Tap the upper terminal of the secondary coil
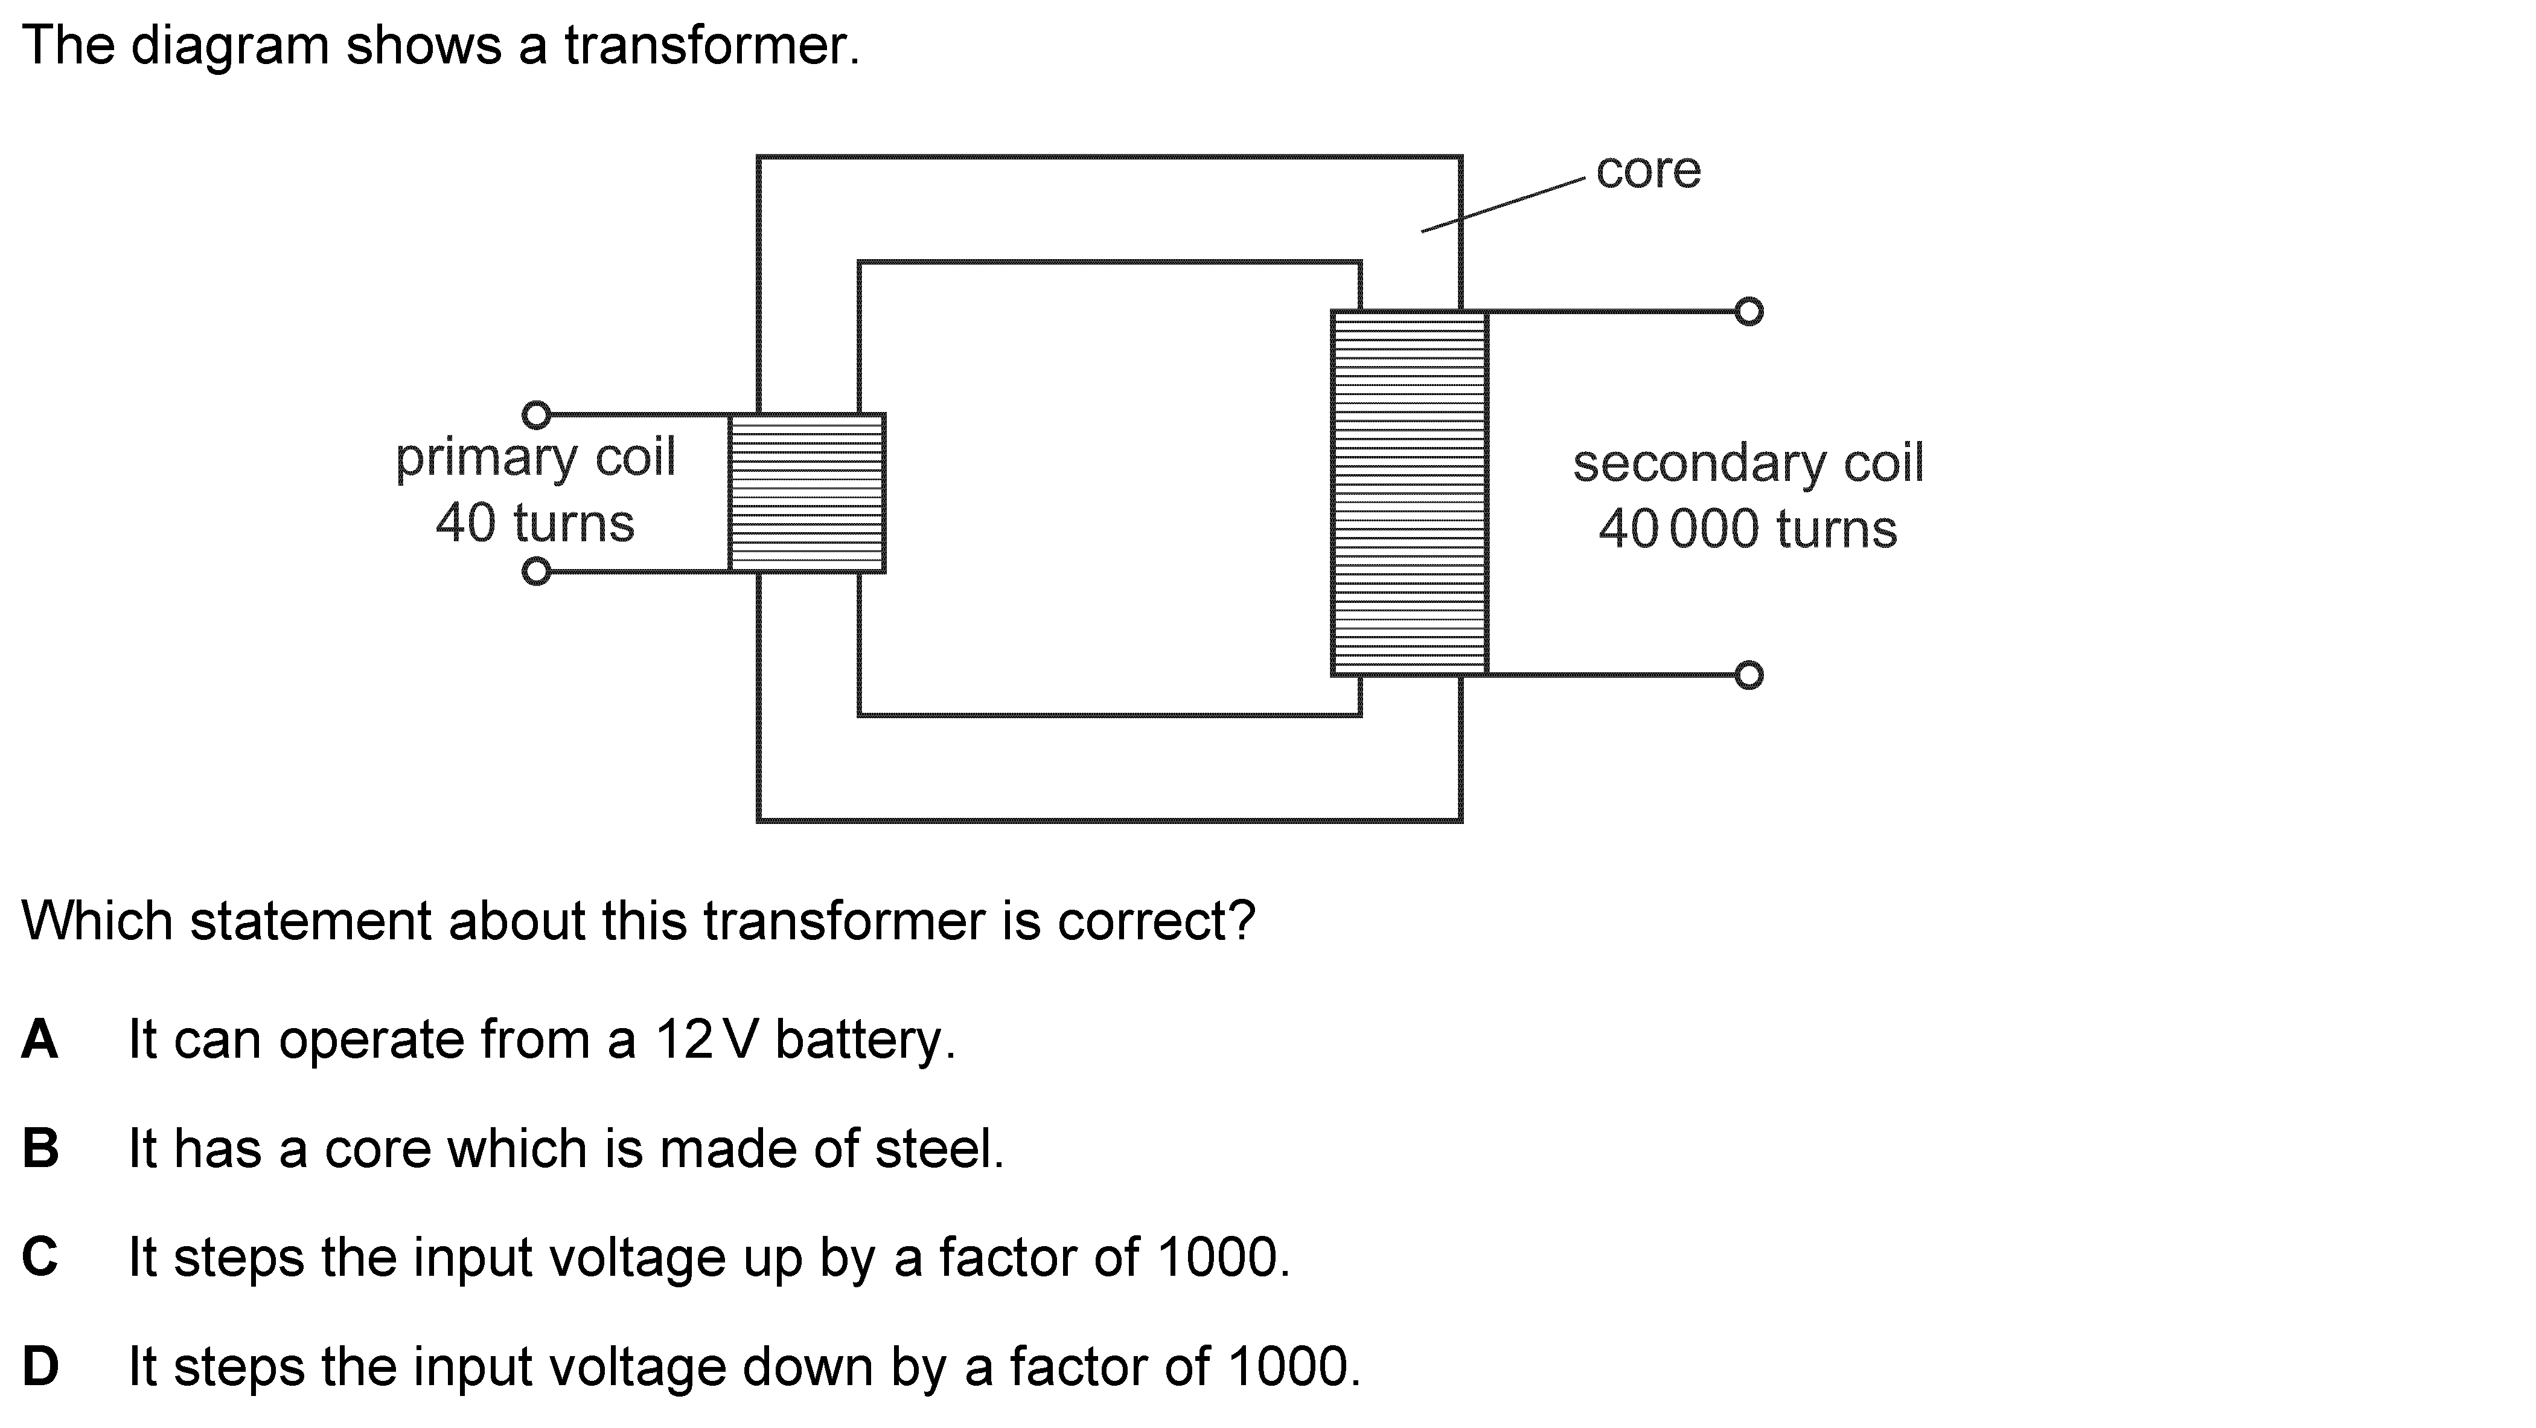point(1748,311)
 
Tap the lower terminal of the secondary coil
point(1748,675)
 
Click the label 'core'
point(1648,170)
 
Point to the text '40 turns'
point(535,523)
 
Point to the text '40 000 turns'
point(1748,529)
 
